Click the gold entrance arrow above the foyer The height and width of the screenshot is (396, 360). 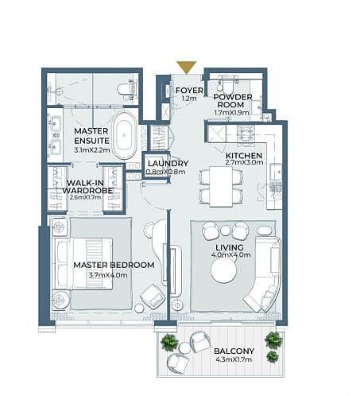pyautogui.click(x=187, y=68)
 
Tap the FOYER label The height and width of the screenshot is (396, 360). pyautogui.click(x=189, y=91)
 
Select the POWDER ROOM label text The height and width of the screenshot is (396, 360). pyautogui.click(x=233, y=101)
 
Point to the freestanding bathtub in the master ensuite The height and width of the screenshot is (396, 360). pyautogui.click(x=124, y=135)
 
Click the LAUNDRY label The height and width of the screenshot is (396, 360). pyautogui.click(x=168, y=164)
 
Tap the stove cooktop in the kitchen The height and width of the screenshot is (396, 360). pyautogui.click(x=246, y=133)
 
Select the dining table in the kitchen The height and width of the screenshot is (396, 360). pyautogui.click(x=221, y=186)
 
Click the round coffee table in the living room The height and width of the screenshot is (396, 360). pyautogui.click(x=224, y=270)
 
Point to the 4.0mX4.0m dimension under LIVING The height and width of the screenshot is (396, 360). pyautogui.click(x=230, y=255)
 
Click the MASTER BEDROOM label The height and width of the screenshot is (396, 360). pyautogui.click(x=114, y=265)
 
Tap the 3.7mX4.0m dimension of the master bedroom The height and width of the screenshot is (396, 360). pyautogui.click(x=108, y=275)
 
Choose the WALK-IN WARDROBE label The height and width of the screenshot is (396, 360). pyautogui.click(x=87, y=187)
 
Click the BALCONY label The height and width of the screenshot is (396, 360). pyautogui.click(x=234, y=351)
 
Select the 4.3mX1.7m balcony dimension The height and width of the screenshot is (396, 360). pyautogui.click(x=234, y=359)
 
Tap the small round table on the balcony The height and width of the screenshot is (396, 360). pyautogui.click(x=184, y=348)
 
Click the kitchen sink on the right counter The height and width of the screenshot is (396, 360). pyautogui.click(x=276, y=173)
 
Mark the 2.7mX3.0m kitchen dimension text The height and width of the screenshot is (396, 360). pyautogui.click(x=244, y=162)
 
